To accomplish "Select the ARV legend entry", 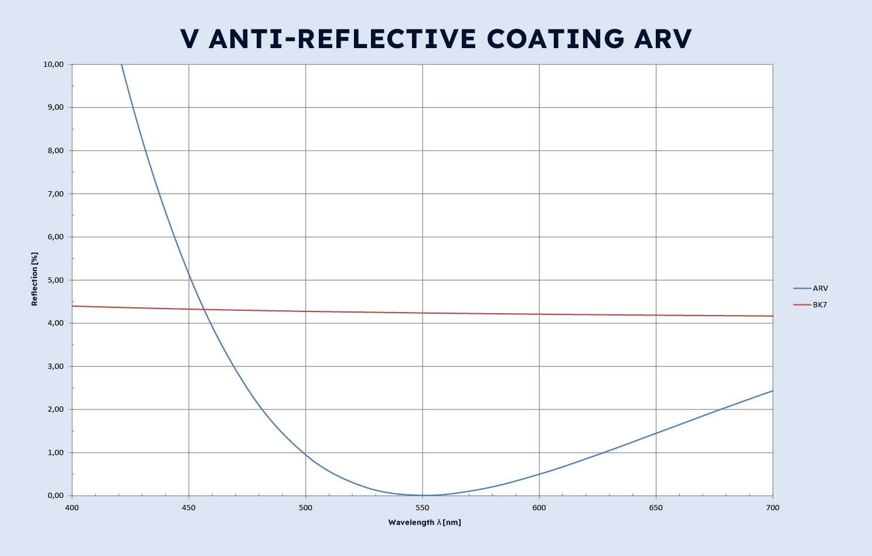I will pyautogui.click(x=820, y=289).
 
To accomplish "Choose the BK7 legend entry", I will pyautogui.click(x=820, y=305).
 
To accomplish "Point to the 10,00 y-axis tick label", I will pyautogui.click(x=53, y=65).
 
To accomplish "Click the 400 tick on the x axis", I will pyautogui.click(x=71, y=508).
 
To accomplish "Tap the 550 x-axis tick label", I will pyautogui.click(x=422, y=508).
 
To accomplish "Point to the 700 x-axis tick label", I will pyautogui.click(x=772, y=508).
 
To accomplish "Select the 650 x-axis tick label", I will pyautogui.click(x=656, y=508).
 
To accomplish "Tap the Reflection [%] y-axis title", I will pyautogui.click(x=35, y=279).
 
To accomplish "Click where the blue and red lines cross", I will pyautogui.click(x=204, y=309).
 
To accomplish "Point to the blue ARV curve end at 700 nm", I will pyautogui.click(x=772, y=391).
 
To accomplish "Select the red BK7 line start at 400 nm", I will pyautogui.click(x=73, y=306).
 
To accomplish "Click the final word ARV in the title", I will pyautogui.click(x=663, y=39).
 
